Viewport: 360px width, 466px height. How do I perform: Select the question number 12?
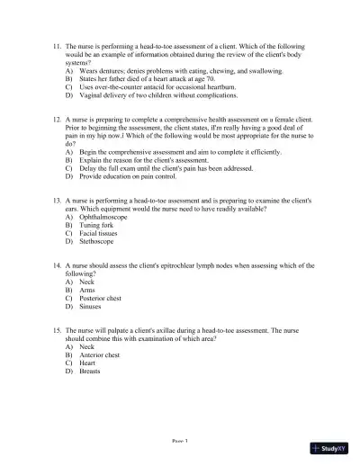(x=58, y=118)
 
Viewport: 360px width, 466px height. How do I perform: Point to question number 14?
(x=58, y=265)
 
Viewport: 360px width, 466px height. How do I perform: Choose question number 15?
(x=58, y=331)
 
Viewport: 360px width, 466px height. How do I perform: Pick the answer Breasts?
(x=91, y=372)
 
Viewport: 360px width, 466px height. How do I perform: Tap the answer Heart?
(x=88, y=363)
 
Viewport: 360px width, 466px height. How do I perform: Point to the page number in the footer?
(x=180, y=442)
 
